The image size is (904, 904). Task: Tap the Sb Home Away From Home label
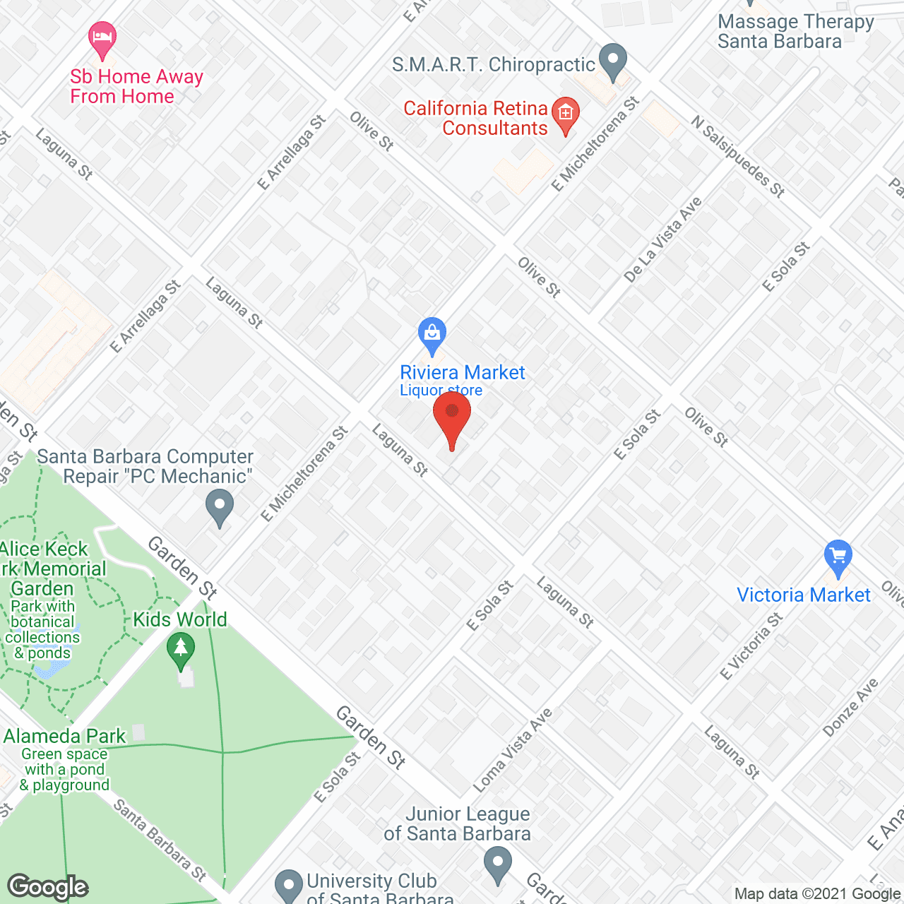pos(136,86)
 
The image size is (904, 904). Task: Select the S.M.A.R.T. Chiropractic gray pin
pos(612,62)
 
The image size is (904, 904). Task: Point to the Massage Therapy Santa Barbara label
pos(795,32)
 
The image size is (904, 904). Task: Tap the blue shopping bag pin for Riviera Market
pos(432,335)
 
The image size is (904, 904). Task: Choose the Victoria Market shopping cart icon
pos(838,558)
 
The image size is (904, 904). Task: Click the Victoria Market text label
pos(803,595)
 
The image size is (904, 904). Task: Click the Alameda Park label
pos(64,737)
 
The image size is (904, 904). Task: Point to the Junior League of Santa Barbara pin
pos(498,864)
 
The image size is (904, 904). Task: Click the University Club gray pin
pos(288,885)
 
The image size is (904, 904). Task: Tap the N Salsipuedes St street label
pos(738,157)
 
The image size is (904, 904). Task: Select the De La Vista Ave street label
pos(662,240)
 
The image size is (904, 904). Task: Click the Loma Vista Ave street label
pos(512,750)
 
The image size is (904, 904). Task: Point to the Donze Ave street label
pos(850,708)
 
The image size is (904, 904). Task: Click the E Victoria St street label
pos(751,646)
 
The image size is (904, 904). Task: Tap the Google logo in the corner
pos(48,887)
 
